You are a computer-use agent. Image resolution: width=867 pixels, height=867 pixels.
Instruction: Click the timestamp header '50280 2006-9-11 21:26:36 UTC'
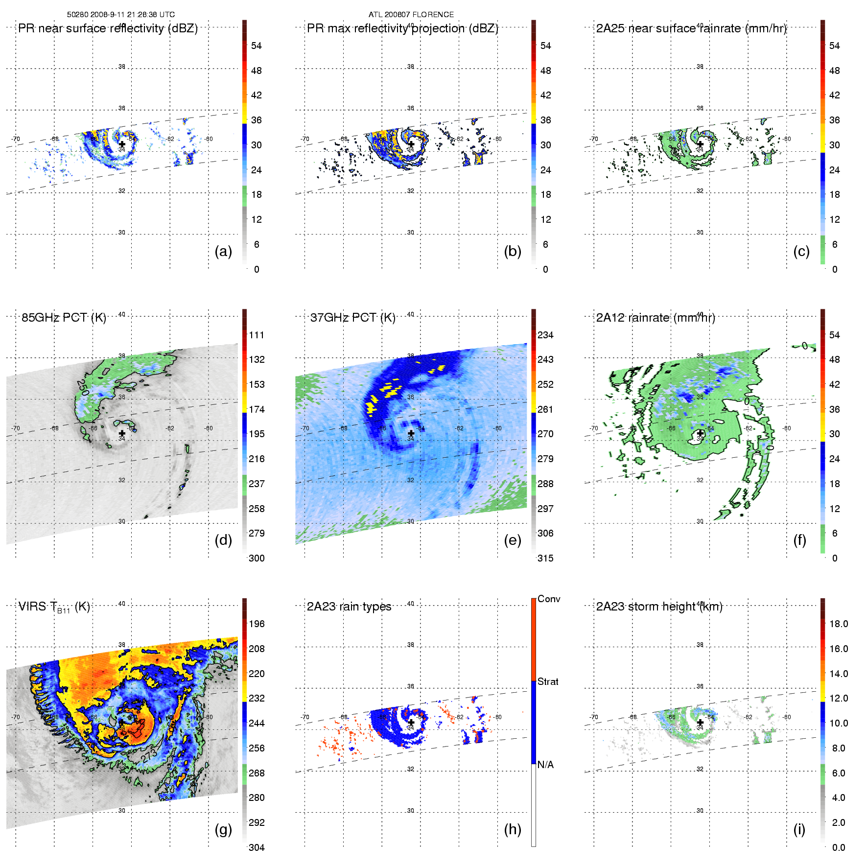point(121,15)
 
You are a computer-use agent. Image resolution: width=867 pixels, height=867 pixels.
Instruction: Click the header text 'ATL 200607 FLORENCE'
point(411,15)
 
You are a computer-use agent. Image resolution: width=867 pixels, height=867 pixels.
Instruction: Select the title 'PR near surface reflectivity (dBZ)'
point(108,28)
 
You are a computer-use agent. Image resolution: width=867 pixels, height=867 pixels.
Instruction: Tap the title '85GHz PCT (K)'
point(64,318)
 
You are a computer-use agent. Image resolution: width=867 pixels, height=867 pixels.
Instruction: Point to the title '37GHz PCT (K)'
point(352,318)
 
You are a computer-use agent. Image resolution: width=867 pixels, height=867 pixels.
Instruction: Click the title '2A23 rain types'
point(349,607)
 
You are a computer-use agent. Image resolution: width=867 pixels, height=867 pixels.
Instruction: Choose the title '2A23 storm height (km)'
point(659,607)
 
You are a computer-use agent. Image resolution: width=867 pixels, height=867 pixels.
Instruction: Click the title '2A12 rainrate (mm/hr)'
point(656,318)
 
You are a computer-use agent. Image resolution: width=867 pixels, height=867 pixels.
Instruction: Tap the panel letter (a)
point(223,251)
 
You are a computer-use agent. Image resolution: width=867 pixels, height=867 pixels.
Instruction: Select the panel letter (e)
point(513,540)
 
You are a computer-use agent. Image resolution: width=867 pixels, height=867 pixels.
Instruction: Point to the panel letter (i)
point(799,829)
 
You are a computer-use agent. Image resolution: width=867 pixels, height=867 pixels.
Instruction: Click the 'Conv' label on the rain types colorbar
point(549,599)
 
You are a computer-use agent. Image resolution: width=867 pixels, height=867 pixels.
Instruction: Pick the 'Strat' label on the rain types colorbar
point(548,681)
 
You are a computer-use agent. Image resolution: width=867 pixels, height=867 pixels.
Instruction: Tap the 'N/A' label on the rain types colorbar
point(545,765)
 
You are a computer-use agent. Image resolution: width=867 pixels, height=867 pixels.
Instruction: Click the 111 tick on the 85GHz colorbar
point(257,335)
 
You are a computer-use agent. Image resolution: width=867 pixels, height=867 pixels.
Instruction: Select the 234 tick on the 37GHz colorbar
point(545,335)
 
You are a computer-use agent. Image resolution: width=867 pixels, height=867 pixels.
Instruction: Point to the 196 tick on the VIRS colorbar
point(257,624)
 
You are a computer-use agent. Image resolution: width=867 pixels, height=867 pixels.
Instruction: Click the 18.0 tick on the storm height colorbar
point(839,624)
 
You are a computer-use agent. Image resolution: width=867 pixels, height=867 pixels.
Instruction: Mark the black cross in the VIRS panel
point(122,722)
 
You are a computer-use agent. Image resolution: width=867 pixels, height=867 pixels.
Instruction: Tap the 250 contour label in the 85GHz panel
point(84,388)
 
